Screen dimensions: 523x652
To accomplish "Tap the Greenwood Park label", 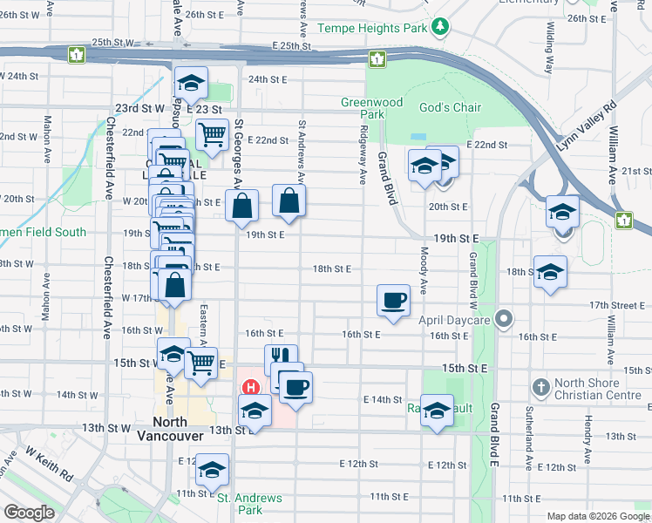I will pyautogui.click(x=371, y=108).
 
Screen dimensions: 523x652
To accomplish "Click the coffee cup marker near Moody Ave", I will pyautogui.click(x=393, y=300).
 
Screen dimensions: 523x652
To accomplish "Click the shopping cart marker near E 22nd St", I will pyautogui.click(x=212, y=135).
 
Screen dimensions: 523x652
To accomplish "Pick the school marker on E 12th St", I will pyautogui.click(x=212, y=469).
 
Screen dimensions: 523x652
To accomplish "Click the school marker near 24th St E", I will pyautogui.click(x=191, y=84).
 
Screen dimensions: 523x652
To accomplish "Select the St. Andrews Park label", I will pyautogui.click(x=249, y=504).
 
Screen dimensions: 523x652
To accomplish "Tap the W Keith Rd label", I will pyautogui.click(x=49, y=465).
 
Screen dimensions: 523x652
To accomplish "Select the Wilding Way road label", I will pyautogui.click(x=549, y=54).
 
